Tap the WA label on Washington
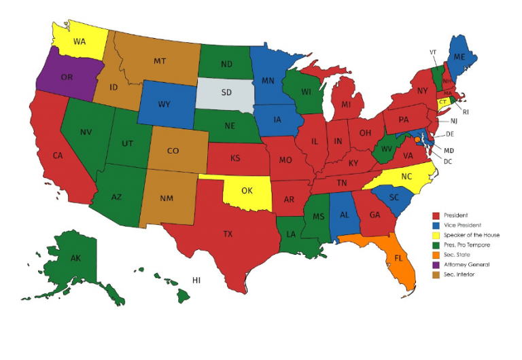tap(80, 41)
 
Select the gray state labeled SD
tap(223, 92)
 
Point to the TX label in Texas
tap(228, 234)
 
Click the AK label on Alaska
tap(76, 258)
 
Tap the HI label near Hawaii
tap(196, 281)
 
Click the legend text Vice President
tap(462, 225)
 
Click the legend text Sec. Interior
tap(461, 274)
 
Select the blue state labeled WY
tap(164, 105)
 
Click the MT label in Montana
tap(160, 62)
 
